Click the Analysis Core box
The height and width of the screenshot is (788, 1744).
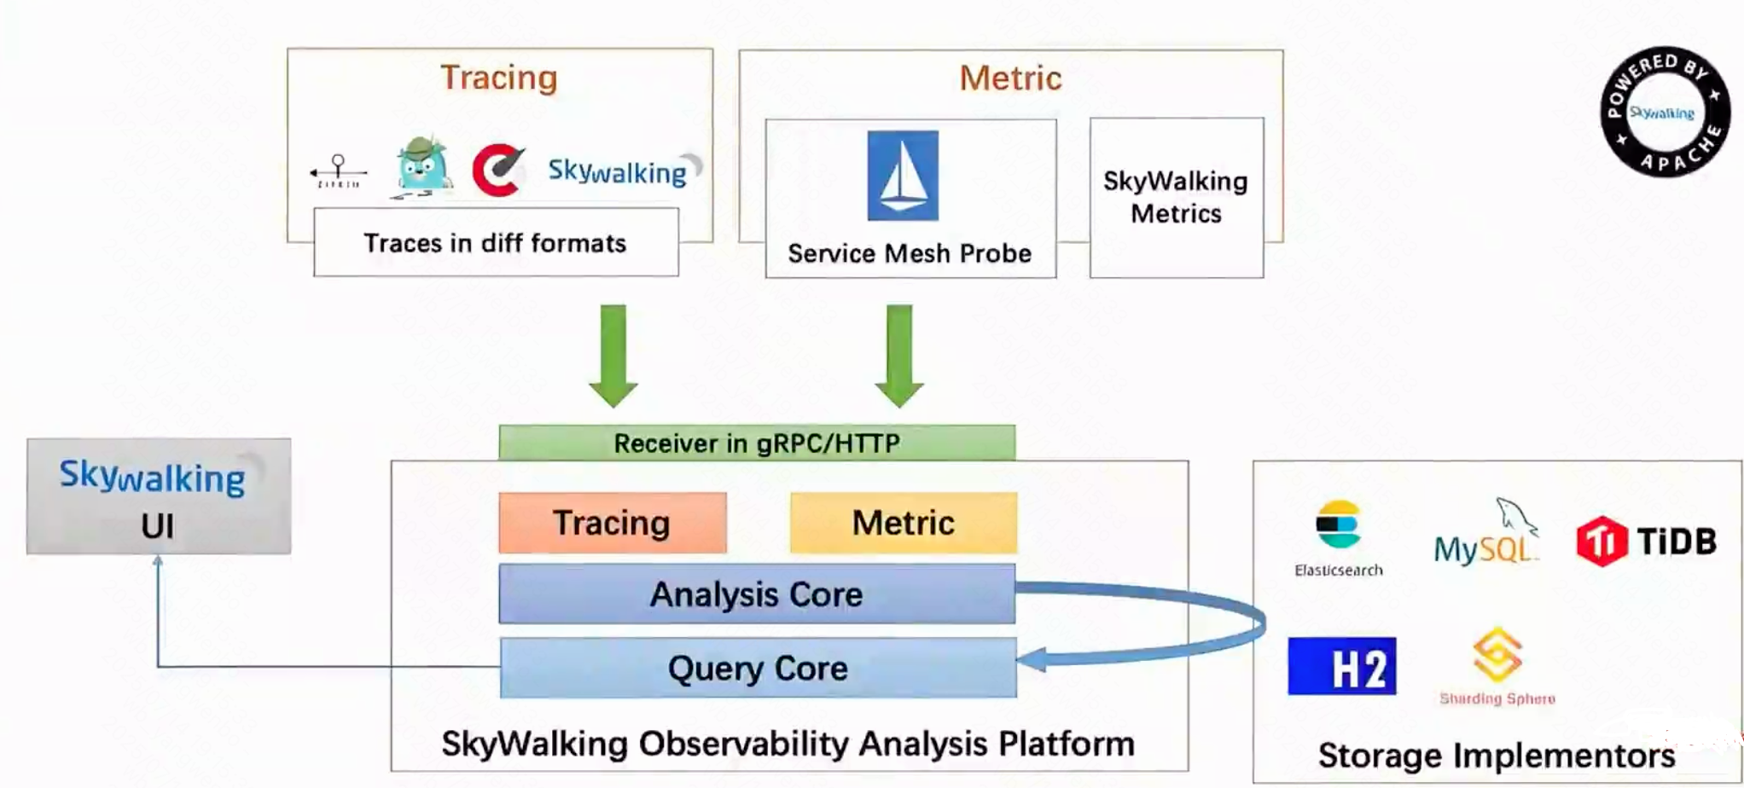(757, 594)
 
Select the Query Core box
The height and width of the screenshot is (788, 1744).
(758, 668)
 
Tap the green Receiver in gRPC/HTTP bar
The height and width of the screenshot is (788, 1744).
(757, 443)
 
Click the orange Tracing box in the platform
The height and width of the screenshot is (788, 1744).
(613, 523)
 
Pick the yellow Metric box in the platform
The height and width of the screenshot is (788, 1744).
(904, 523)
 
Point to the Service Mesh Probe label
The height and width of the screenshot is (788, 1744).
(910, 253)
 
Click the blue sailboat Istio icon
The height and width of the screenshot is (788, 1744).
(903, 176)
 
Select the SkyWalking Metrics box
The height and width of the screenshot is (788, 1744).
(1176, 198)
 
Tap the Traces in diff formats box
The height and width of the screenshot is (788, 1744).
(496, 243)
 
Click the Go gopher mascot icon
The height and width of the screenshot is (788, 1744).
(422, 166)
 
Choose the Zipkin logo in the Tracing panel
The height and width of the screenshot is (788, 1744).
(339, 171)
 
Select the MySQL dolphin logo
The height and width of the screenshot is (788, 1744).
(1485, 535)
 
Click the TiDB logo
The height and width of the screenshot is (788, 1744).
(1646, 541)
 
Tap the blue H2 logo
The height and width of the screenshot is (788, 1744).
(1341, 666)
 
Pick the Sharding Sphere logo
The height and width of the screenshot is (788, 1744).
(1497, 666)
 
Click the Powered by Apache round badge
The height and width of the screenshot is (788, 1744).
(1665, 112)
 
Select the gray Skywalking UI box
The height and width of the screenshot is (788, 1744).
(159, 496)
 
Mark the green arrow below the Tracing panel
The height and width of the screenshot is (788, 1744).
(613, 354)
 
